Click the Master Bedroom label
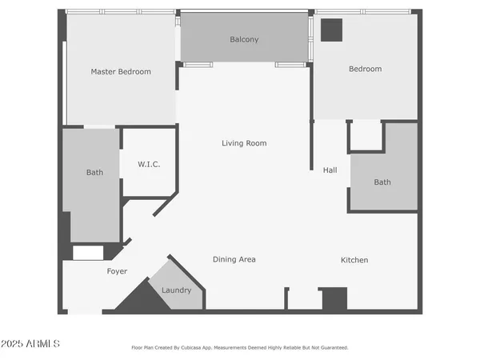click(121, 72)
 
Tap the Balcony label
click(244, 39)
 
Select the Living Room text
click(244, 143)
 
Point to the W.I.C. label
click(149, 164)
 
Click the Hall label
click(330, 170)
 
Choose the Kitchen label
click(354, 260)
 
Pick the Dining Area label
click(234, 259)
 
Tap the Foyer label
click(117, 271)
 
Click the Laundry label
click(176, 290)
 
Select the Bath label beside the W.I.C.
click(94, 172)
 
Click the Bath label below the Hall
click(382, 182)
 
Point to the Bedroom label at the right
click(365, 69)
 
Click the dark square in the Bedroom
click(331, 30)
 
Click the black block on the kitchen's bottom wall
click(334, 299)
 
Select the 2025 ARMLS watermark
click(30, 343)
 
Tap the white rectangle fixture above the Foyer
click(88, 253)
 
